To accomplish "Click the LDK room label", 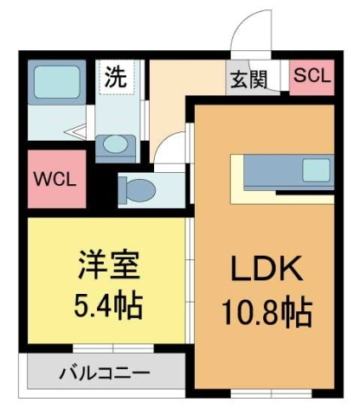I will click(266, 271).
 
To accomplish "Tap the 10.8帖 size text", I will click(266, 310).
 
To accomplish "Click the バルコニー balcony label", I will click(104, 373).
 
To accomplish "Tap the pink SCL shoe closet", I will click(312, 75).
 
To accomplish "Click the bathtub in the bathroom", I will click(57, 83).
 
